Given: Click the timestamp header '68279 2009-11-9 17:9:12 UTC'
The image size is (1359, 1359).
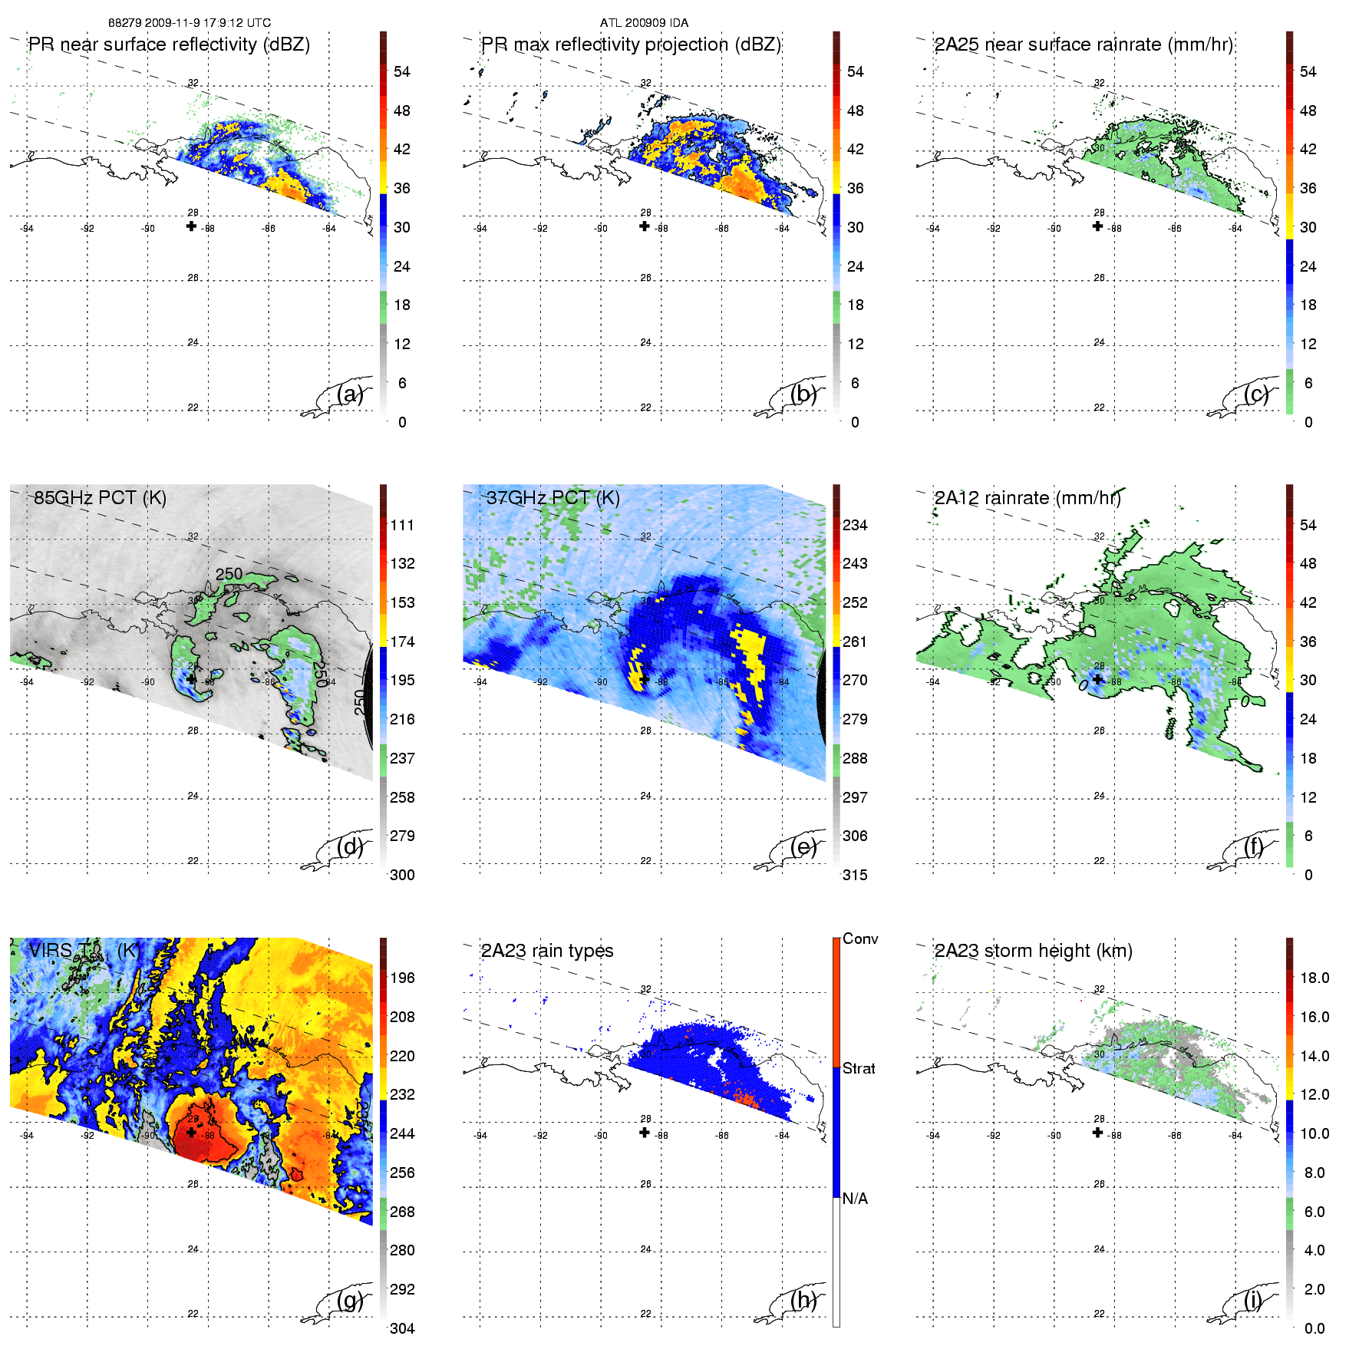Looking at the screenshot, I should tap(189, 23).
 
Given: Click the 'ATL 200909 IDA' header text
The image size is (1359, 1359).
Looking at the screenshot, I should tap(644, 23).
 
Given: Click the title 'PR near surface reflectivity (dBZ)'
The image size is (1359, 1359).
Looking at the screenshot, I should tap(169, 45).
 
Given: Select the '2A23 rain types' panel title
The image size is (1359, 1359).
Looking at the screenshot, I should tap(546, 951).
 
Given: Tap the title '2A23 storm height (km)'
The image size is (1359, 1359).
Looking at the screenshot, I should tap(1033, 951).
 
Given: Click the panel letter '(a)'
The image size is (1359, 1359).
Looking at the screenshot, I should tap(350, 394).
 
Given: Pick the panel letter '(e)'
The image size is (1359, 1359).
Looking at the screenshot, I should tap(803, 847).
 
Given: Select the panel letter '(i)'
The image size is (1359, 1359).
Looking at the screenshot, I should tap(1252, 1300).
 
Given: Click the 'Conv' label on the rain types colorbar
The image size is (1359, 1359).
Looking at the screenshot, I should tap(860, 939).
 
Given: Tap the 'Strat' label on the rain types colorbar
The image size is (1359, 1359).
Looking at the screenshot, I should tap(859, 1069).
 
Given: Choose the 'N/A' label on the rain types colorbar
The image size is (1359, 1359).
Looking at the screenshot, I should tap(855, 1199).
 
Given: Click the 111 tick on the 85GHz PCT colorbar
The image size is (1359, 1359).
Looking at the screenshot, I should tap(402, 526).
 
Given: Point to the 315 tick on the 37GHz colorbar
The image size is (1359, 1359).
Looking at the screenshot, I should tap(855, 876).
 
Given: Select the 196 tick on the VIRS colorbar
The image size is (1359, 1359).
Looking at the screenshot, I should tap(402, 978).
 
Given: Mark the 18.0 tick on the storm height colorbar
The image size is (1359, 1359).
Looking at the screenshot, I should tap(1314, 978).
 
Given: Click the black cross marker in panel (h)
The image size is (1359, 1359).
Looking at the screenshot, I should tap(645, 1133).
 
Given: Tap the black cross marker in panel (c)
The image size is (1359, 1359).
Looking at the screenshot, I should tap(1097, 226).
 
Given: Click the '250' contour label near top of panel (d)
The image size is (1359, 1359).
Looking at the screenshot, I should tap(229, 574).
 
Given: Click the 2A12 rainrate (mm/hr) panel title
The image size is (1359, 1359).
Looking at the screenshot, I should tap(1027, 498).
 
